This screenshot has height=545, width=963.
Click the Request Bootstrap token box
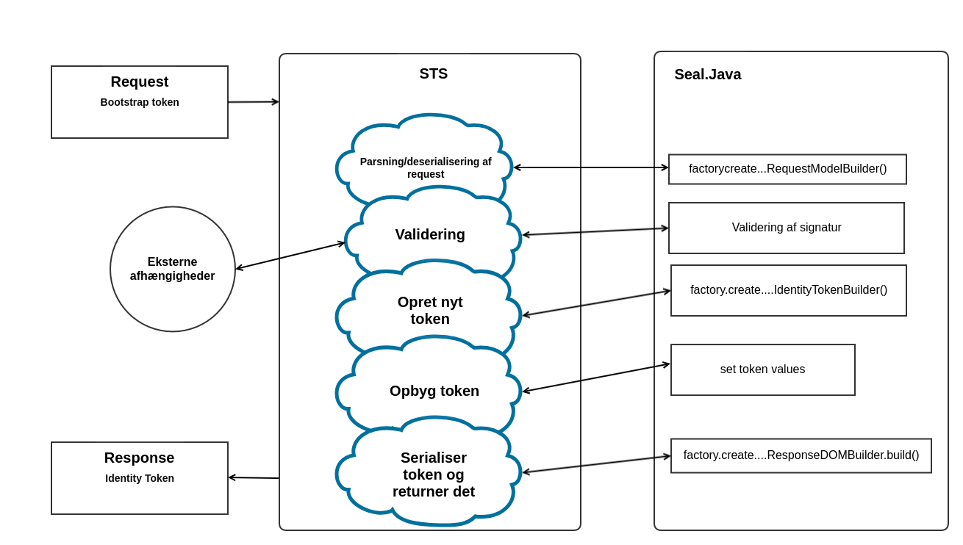(140, 118)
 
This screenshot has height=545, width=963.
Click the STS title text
(434, 73)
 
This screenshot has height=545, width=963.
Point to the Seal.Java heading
(708, 74)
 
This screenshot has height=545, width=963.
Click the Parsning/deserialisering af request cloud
(426, 167)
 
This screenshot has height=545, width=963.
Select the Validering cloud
(430, 234)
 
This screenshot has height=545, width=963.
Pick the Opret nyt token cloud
(430, 310)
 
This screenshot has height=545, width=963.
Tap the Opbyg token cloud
(434, 391)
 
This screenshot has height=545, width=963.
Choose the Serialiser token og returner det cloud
(434, 474)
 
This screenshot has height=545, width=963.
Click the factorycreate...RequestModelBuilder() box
(787, 169)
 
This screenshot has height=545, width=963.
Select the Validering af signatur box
(787, 228)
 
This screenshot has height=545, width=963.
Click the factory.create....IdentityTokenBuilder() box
(789, 290)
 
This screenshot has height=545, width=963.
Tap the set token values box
(763, 369)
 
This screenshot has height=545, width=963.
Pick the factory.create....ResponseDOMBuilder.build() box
(801, 455)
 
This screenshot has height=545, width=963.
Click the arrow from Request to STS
(254, 102)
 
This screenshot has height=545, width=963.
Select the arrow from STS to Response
(254, 477)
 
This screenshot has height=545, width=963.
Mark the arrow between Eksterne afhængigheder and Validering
(290, 256)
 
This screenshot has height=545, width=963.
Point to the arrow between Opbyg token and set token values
(596, 378)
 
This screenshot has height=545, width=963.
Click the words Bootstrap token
(140, 102)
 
